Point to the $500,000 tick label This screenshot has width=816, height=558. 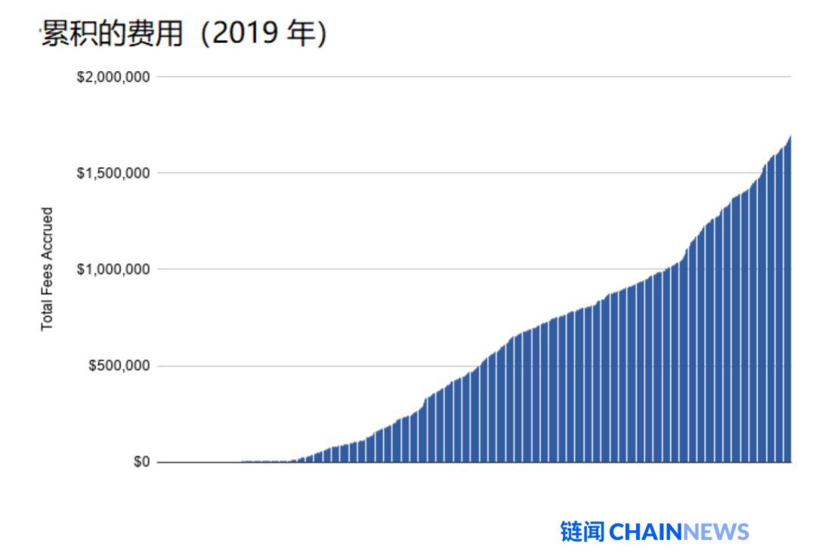coord(119,366)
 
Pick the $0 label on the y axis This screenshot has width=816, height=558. coord(141,462)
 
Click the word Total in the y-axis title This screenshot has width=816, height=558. coord(48,315)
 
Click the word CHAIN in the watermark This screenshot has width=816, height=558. coord(644,532)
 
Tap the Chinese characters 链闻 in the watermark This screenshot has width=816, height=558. coord(583,532)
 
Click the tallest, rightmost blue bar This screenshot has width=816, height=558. coord(789,302)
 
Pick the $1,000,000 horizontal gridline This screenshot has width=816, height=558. coord(378,269)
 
